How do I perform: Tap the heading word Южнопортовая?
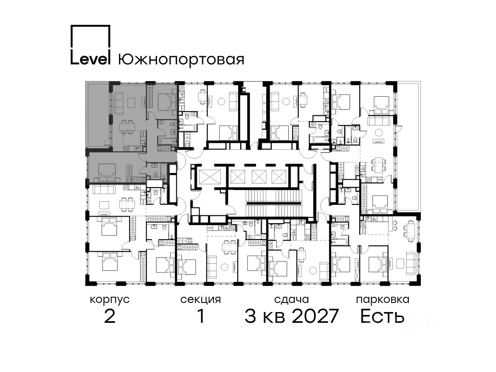point(181,60)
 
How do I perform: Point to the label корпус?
point(110,300)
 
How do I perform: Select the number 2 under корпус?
point(110,316)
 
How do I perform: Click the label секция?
point(200,300)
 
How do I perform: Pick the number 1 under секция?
point(201,316)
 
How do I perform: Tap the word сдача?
point(291,300)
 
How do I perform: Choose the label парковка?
point(383,300)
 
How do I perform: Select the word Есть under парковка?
point(382,316)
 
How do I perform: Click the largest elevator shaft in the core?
point(210,176)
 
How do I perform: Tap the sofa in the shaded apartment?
point(118,103)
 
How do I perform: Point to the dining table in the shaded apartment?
point(127,127)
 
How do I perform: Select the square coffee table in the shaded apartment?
point(131,103)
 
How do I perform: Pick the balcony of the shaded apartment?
point(98,115)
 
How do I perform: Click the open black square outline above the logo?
point(91,26)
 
